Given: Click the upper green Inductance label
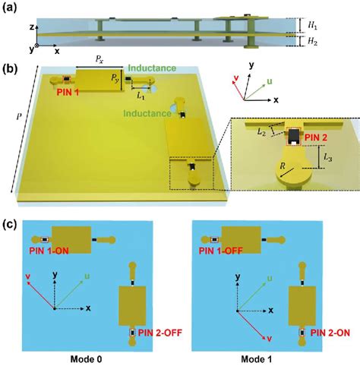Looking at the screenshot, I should (158, 68).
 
